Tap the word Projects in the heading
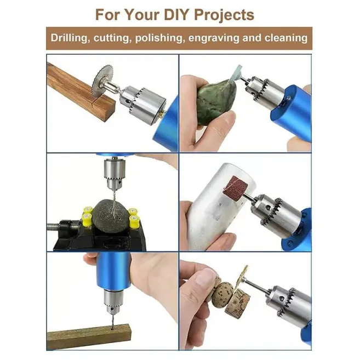click(x=224, y=15)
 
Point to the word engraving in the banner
click(x=214, y=38)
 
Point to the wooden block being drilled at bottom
click(x=88, y=336)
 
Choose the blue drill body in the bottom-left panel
click(x=113, y=271)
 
